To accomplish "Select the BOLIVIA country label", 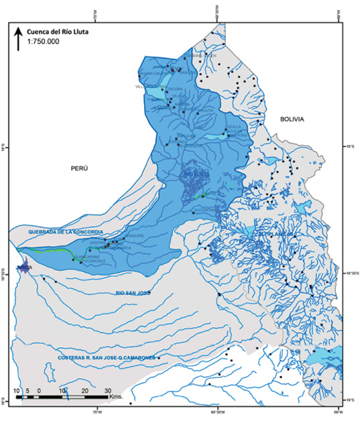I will tap(292, 119).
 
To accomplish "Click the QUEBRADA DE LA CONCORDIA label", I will tap(65, 231).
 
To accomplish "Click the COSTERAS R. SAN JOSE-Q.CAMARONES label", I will tap(106, 358).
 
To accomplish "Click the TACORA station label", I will tap(175, 88).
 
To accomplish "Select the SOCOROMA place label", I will tap(203, 210).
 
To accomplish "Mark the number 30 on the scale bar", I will tap(109, 389).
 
